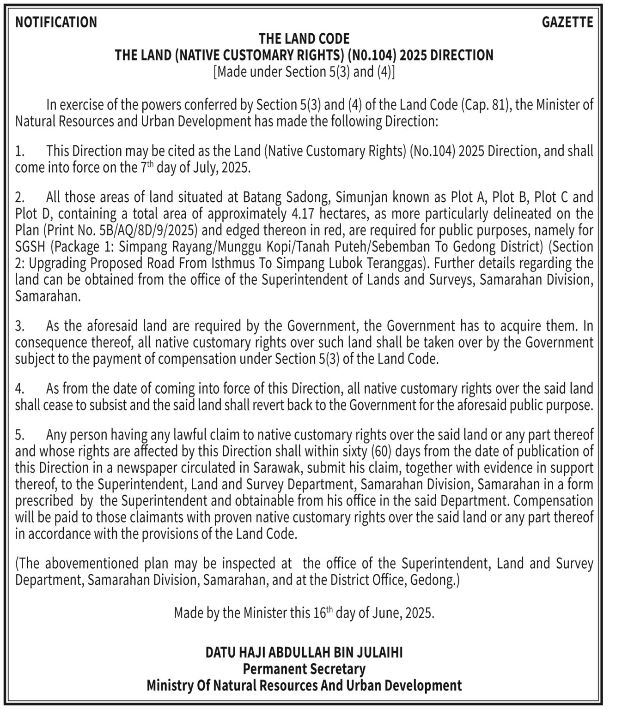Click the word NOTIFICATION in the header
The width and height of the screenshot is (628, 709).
(56, 22)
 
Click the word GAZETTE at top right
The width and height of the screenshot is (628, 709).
(567, 22)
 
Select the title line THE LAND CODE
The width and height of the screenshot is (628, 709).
(304, 39)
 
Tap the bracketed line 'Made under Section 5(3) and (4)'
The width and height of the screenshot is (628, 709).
(304, 72)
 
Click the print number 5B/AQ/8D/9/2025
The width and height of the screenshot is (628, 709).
(144, 230)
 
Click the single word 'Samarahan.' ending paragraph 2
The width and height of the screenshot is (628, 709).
(48, 296)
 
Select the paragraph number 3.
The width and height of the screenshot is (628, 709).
(19, 326)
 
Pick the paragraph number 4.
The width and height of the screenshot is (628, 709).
(19, 389)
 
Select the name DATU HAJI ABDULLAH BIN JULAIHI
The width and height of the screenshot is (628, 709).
(304, 653)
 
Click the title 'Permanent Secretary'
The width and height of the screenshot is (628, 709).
(304, 669)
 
